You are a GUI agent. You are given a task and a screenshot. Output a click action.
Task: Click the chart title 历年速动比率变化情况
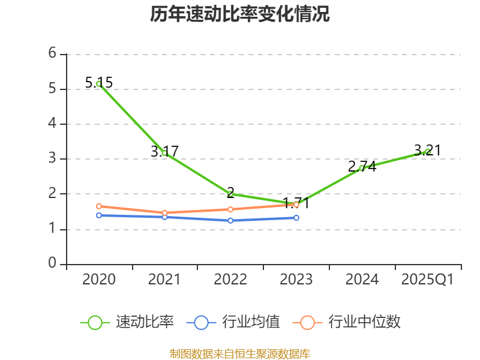pos(240,14)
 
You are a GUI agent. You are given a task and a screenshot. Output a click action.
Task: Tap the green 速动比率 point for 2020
pos(98,84)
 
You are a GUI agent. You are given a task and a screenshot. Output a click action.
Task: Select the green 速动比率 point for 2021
pos(164,153)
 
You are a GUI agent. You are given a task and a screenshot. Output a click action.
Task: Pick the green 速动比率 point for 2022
pos(230,194)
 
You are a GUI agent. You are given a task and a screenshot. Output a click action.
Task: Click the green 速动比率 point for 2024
pos(362,168)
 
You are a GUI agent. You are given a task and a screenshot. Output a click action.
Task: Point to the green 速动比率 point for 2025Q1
pos(428,151)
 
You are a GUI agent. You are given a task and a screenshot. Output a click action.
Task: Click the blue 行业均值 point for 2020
pos(98,215)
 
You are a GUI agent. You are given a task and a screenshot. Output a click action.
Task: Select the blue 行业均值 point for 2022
pos(230,220)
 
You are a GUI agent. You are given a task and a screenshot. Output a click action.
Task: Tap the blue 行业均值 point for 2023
pos(296,217)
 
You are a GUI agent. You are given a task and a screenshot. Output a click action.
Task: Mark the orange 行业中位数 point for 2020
pos(98,206)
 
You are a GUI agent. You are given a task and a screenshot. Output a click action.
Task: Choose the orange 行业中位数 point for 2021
pos(164,212)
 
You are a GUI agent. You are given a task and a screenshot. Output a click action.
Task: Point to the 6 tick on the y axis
pos(53,53)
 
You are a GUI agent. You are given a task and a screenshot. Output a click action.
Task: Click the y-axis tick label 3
pos(53,158)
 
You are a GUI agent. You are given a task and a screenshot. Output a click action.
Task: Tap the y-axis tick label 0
pos(53,263)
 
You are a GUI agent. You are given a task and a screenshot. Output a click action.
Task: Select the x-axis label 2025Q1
pos(428,280)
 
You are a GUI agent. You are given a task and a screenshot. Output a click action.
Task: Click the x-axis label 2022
pos(230,280)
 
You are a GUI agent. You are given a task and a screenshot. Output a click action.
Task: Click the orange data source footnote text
pos(240,353)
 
